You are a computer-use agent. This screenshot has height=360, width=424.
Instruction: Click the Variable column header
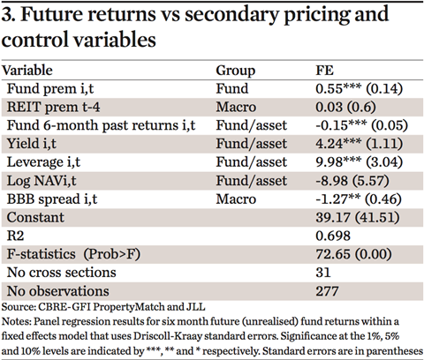coord(27,71)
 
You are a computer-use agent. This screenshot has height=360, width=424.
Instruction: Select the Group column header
coord(236,71)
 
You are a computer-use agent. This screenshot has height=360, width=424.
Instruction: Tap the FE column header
coord(324,71)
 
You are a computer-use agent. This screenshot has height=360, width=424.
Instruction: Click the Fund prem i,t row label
coord(50,89)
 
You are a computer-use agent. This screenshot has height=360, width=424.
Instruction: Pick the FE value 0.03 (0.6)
coord(345,107)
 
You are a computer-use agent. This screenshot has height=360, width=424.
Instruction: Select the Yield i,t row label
coord(32,144)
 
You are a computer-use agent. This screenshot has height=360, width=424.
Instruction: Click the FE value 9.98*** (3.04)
coord(360,162)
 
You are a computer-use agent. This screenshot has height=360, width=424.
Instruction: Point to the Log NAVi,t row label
coord(42,181)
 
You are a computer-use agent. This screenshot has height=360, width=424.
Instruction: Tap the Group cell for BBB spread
coord(236,199)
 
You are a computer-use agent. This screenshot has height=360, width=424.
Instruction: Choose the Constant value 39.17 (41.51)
coord(358,218)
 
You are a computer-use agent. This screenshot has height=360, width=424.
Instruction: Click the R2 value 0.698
coord(333,236)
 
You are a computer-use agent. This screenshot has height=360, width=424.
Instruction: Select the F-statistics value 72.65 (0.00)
coord(353,254)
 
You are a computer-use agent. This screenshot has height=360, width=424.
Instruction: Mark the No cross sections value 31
coord(323,273)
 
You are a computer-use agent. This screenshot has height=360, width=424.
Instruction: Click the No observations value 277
coord(327,291)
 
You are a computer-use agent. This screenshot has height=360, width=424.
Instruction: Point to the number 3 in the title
coord(6,14)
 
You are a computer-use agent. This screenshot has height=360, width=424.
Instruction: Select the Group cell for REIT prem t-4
coord(236,107)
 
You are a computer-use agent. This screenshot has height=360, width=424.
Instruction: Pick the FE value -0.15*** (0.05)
coord(362,125)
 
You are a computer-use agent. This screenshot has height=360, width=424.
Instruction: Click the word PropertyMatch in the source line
coord(129,307)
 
